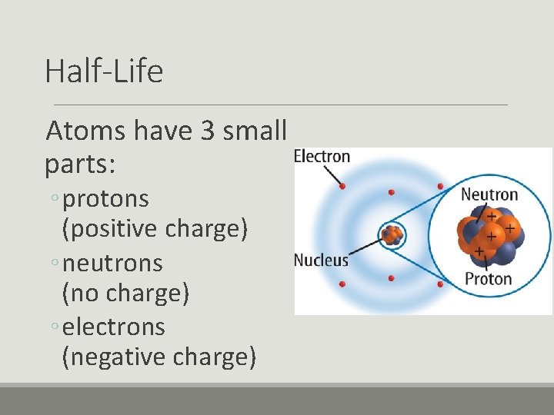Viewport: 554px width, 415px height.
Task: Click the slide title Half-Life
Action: [104, 71]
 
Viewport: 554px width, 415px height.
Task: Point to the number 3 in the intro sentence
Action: [207, 131]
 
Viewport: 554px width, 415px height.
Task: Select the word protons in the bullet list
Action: [106, 199]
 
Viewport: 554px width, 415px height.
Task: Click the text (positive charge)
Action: [155, 229]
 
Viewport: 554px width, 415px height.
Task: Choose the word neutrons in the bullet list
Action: [112, 263]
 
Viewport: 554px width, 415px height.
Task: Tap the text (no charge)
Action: [125, 293]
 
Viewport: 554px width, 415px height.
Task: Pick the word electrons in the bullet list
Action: [114, 327]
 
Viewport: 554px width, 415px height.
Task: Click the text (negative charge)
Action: [159, 357]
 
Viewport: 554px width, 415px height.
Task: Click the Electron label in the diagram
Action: [322, 157]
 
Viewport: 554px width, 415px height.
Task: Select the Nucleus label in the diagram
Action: [321, 260]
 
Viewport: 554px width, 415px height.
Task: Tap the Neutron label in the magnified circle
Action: [489, 194]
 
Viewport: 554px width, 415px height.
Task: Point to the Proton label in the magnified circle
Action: [488, 278]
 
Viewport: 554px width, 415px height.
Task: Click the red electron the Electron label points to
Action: [342, 186]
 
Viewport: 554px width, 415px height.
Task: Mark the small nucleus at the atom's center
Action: [392, 235]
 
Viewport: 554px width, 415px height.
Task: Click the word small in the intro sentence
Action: [254, 131]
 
